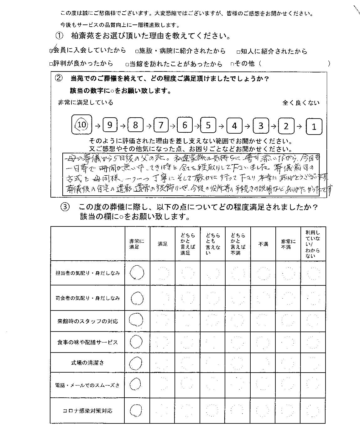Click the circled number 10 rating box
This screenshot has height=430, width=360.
(x=81, y=125)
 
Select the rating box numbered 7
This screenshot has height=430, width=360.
(x=161, y=125)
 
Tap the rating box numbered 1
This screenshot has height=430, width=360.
(x=314, y=126)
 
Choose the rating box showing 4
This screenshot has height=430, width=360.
(x=234, y=126)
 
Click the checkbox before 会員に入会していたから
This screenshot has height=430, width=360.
(x=51, y=51)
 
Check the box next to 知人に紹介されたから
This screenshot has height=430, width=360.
(x=238, y=51)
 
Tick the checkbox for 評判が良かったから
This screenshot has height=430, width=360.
(x=51, y=64)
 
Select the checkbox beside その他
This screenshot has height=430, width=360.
(x=232, y=64)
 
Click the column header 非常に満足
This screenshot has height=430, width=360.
(x=137, y=244)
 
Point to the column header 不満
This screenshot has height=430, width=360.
(x=263, y=244)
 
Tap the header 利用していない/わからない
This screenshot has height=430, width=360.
(x=313, y=244)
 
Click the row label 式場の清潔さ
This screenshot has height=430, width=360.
(x=87, y=363)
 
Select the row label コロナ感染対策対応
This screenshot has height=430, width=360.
(x=87, y=411)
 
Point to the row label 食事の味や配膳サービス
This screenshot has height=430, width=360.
(x=87, y=342)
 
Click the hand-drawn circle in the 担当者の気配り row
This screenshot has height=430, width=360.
(x=137, y=273)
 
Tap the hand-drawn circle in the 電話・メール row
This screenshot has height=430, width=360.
(x=135, y=383)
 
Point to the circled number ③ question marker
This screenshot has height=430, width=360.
(x=64, y=207)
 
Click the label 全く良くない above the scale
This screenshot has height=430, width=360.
(x=301, y=103)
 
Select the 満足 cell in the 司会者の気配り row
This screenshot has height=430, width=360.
(x=163, y=298)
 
